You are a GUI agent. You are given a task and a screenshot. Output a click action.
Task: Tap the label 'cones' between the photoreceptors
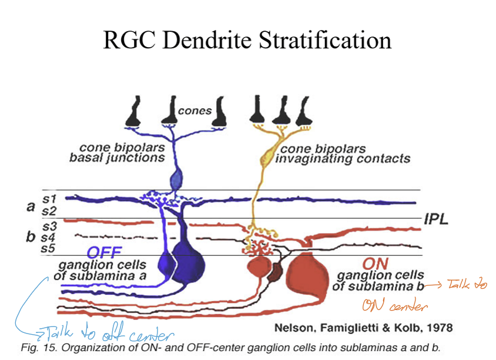[x=195, y=111]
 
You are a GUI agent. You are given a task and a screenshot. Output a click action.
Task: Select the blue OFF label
[x=105, y=252]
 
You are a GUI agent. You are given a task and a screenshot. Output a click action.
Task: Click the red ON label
[x=377, y=263]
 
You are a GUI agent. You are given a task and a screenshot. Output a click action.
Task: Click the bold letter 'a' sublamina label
[x=31, y=206]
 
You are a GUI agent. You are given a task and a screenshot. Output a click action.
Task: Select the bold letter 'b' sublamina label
[x=31, y=237]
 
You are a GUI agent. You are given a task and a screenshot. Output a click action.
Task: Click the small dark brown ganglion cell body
[x=275, y=271]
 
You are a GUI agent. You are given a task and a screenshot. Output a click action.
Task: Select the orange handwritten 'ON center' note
[x=394, y=306]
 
